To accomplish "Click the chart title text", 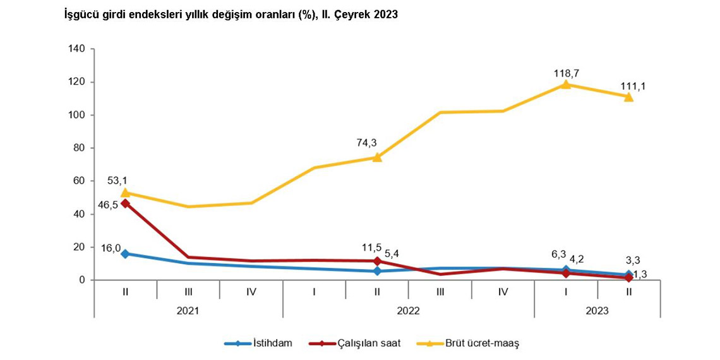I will [x=231, y=15].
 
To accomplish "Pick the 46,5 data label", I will [x=108, y=205].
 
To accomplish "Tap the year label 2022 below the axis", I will [x=409, y=310].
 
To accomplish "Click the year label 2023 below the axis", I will [x=597, y=310].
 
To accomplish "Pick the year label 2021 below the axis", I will [x=188, y=310].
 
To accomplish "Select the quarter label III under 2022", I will [x=440, y=292].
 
